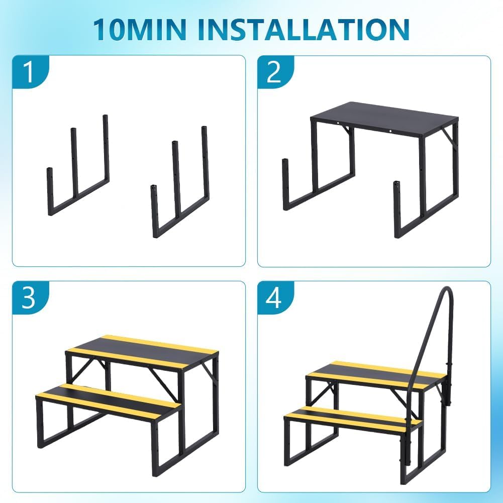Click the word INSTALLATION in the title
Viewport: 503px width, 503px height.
pyautogui.click(x=304, y=29)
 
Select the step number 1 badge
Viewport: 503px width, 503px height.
pyautogui.click(x=30, y=72)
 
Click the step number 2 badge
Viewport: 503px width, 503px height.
pyautogui.click(x=275, y=72)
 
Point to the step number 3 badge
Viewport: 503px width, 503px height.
pyautogui.click(x=30, y=297)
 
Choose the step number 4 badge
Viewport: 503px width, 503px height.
pyautogui.click(x=275, y=297)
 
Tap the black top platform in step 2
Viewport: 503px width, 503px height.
pyautogui.click(x=384, y=119)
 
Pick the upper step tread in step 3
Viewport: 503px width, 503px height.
pyautogui.click(x=142, y=352)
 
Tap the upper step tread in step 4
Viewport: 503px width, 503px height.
pyautogui.click(x=376, y=376)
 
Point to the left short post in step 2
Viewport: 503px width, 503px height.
pyautogui.click(x=286, y=184)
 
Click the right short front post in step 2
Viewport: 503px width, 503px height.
pyautogui.click(x=397, y=209)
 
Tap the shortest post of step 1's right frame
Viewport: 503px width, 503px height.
pyautogui.click(x=155, y=211)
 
